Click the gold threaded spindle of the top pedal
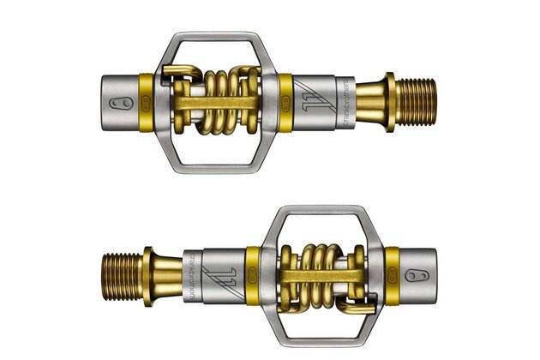tap(418, 103)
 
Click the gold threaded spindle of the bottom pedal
tap(122, 270)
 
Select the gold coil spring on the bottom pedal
tap(315, 271)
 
